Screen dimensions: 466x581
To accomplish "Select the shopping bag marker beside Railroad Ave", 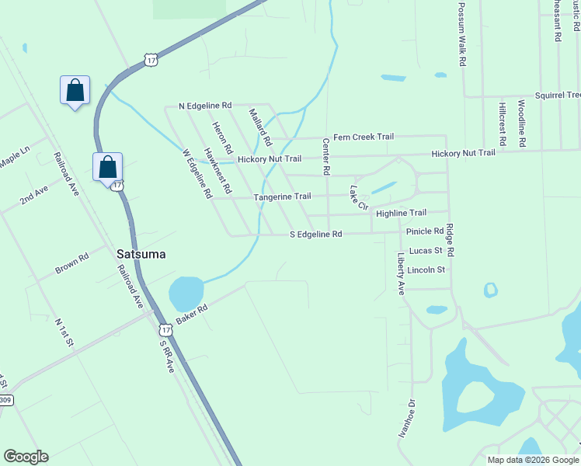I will pos(107,166).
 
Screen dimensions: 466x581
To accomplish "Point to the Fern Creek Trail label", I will pos(363,137).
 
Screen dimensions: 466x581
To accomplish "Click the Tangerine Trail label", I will pos(282,196).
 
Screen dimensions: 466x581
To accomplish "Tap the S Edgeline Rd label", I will pos(315,234).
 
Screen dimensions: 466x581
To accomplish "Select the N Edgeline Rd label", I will pos(205,105).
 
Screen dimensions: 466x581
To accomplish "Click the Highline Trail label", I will pos(401,213).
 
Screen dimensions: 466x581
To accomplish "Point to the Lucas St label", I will pos(426,251).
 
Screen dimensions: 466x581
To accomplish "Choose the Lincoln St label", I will pos(426,270).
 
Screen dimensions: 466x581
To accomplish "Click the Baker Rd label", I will pos(192,315).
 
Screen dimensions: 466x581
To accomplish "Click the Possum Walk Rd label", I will pos(461,33).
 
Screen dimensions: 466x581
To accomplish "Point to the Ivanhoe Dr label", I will pos(406,420).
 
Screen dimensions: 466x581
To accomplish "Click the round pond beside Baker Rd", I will pos(186,294).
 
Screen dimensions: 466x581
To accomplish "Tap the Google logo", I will pos(26,457).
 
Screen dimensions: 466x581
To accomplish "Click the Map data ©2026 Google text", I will pos(532,460).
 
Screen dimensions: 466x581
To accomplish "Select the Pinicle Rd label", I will pos(424,231).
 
